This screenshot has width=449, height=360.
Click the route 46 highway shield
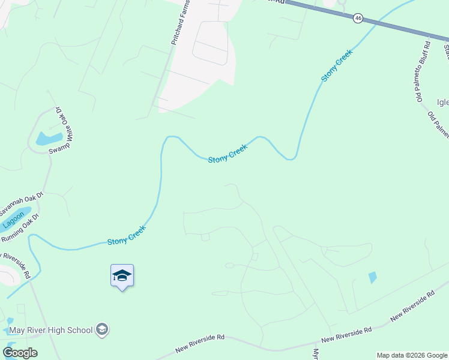(x=358, y=19)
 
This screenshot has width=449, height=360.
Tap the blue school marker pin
(x=122, y=277)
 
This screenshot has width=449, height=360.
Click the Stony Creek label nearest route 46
(x=337, y=65)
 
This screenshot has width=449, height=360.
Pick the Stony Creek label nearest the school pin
(x=127, y=235)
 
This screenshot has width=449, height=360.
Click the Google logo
(x=20, y=353)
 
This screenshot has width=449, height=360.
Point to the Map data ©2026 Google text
(x=411, y=355)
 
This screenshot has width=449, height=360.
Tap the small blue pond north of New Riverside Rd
(x=373, y=277)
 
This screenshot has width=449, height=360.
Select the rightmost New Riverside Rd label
(x=412, y=307)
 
